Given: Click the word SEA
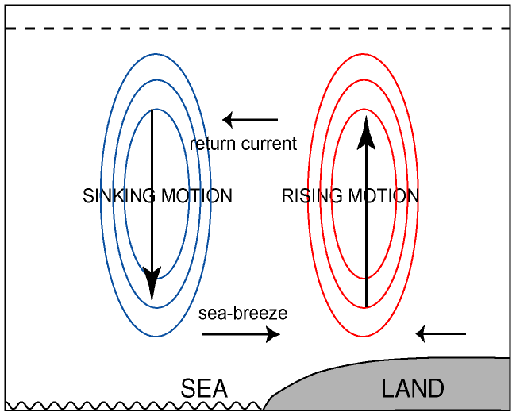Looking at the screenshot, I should tap(204, 389).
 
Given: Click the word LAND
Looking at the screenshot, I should tap(412, 389).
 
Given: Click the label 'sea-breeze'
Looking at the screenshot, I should tap(243, 314).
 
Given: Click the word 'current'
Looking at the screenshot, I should tap(269, 144).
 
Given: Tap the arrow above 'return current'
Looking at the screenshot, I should tap(250, 121).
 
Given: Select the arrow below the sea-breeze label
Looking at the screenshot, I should tap(241, 334).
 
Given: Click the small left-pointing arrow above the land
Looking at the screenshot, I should tap(441, 334).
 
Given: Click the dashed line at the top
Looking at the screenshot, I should tap(257, 29).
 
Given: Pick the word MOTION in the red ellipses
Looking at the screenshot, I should tap(384, 196).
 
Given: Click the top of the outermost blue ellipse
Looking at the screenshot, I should tap(156, 53).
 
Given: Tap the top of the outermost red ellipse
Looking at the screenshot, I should tap(365, 53).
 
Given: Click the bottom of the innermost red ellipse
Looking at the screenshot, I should tap(365, 279).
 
